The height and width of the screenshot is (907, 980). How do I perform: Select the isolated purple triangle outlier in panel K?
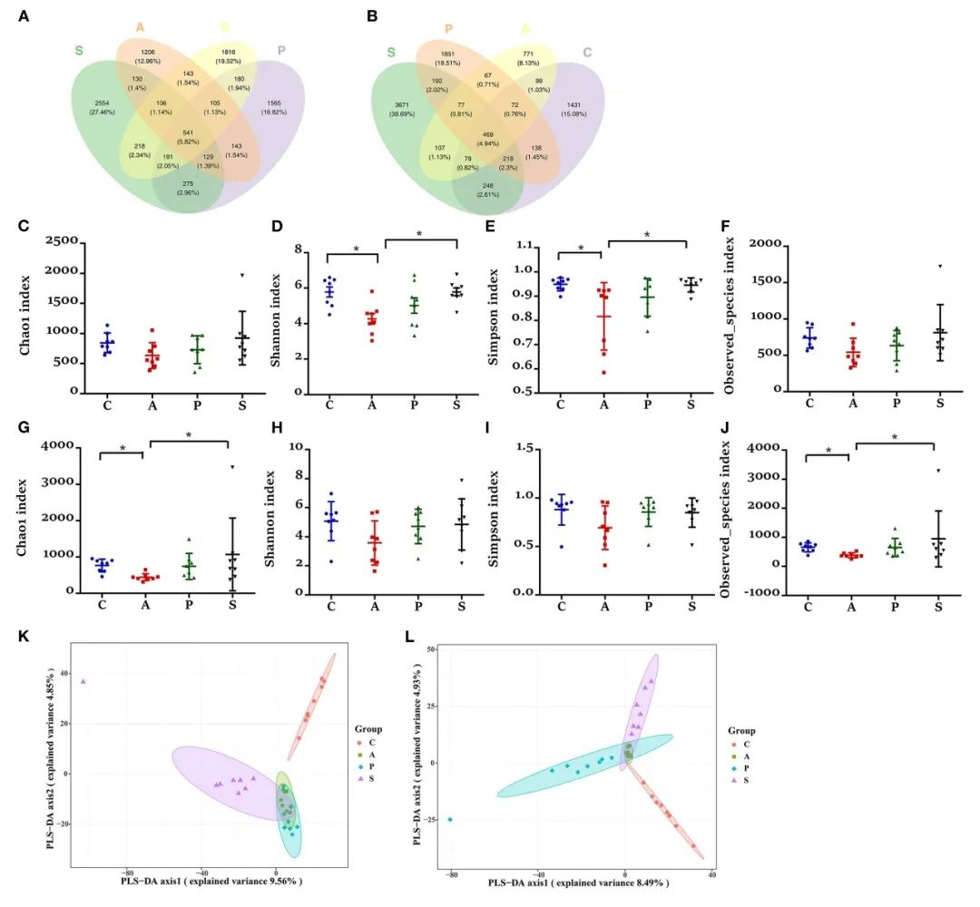coord(83,681)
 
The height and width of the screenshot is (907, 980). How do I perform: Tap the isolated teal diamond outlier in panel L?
coord(449,819)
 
